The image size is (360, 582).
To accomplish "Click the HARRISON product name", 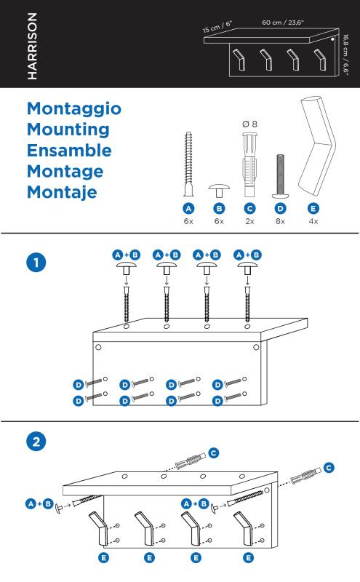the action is [x=32, y=46].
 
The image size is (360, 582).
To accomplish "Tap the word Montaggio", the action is [x=74, y=109].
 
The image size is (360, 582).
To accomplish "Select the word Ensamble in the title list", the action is [x=69, y=151].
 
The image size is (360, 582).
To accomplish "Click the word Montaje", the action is [x=62, y=193].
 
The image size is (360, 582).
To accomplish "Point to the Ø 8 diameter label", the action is [x=249, y=124].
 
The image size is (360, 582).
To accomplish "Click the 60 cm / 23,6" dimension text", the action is [x=283, y=23].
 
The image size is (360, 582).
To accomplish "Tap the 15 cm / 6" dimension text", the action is [x=217, y=27].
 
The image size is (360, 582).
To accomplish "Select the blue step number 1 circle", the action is [x=36, y=263].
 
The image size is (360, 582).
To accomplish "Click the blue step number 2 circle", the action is [x=36, y=442].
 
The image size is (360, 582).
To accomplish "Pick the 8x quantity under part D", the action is [x=280, y=221].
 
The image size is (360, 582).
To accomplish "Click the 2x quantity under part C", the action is [x=249, y=221].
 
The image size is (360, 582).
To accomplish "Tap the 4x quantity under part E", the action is [x=313, y=221].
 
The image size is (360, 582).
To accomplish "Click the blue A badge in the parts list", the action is [x=188, y=209].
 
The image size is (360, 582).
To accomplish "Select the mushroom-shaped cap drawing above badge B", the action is [x=219, y=191].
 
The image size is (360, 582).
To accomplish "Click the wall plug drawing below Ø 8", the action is [x=249, y=165].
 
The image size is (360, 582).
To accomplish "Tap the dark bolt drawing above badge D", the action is [x=280, y=176].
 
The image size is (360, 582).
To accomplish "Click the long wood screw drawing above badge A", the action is [x=188, y=164].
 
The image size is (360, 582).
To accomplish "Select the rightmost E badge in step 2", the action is [x=248, y=557].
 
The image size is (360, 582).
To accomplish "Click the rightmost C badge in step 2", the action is [x=329, y=468].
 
